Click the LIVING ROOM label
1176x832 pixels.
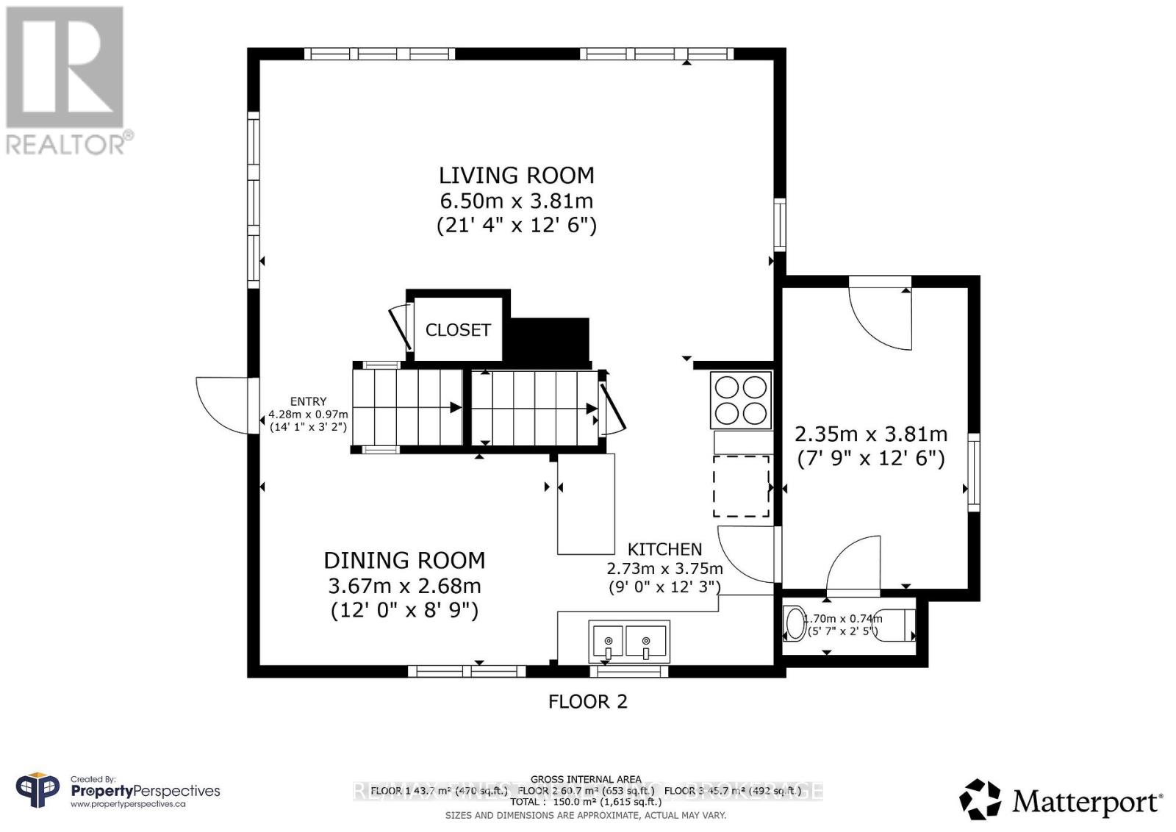516,175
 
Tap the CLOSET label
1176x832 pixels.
458,330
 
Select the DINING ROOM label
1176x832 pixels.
404,560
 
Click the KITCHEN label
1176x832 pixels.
664,549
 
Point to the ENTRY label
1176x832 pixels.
308,401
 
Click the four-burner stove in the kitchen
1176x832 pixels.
741,400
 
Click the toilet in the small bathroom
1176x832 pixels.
795,623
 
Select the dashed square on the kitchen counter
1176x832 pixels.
741,486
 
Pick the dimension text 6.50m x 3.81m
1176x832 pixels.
516,200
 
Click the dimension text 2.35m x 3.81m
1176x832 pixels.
871,434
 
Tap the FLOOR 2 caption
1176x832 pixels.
588,701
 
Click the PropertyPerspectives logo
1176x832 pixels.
118,792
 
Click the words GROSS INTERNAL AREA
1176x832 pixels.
586,779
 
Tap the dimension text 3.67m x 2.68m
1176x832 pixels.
404,586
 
